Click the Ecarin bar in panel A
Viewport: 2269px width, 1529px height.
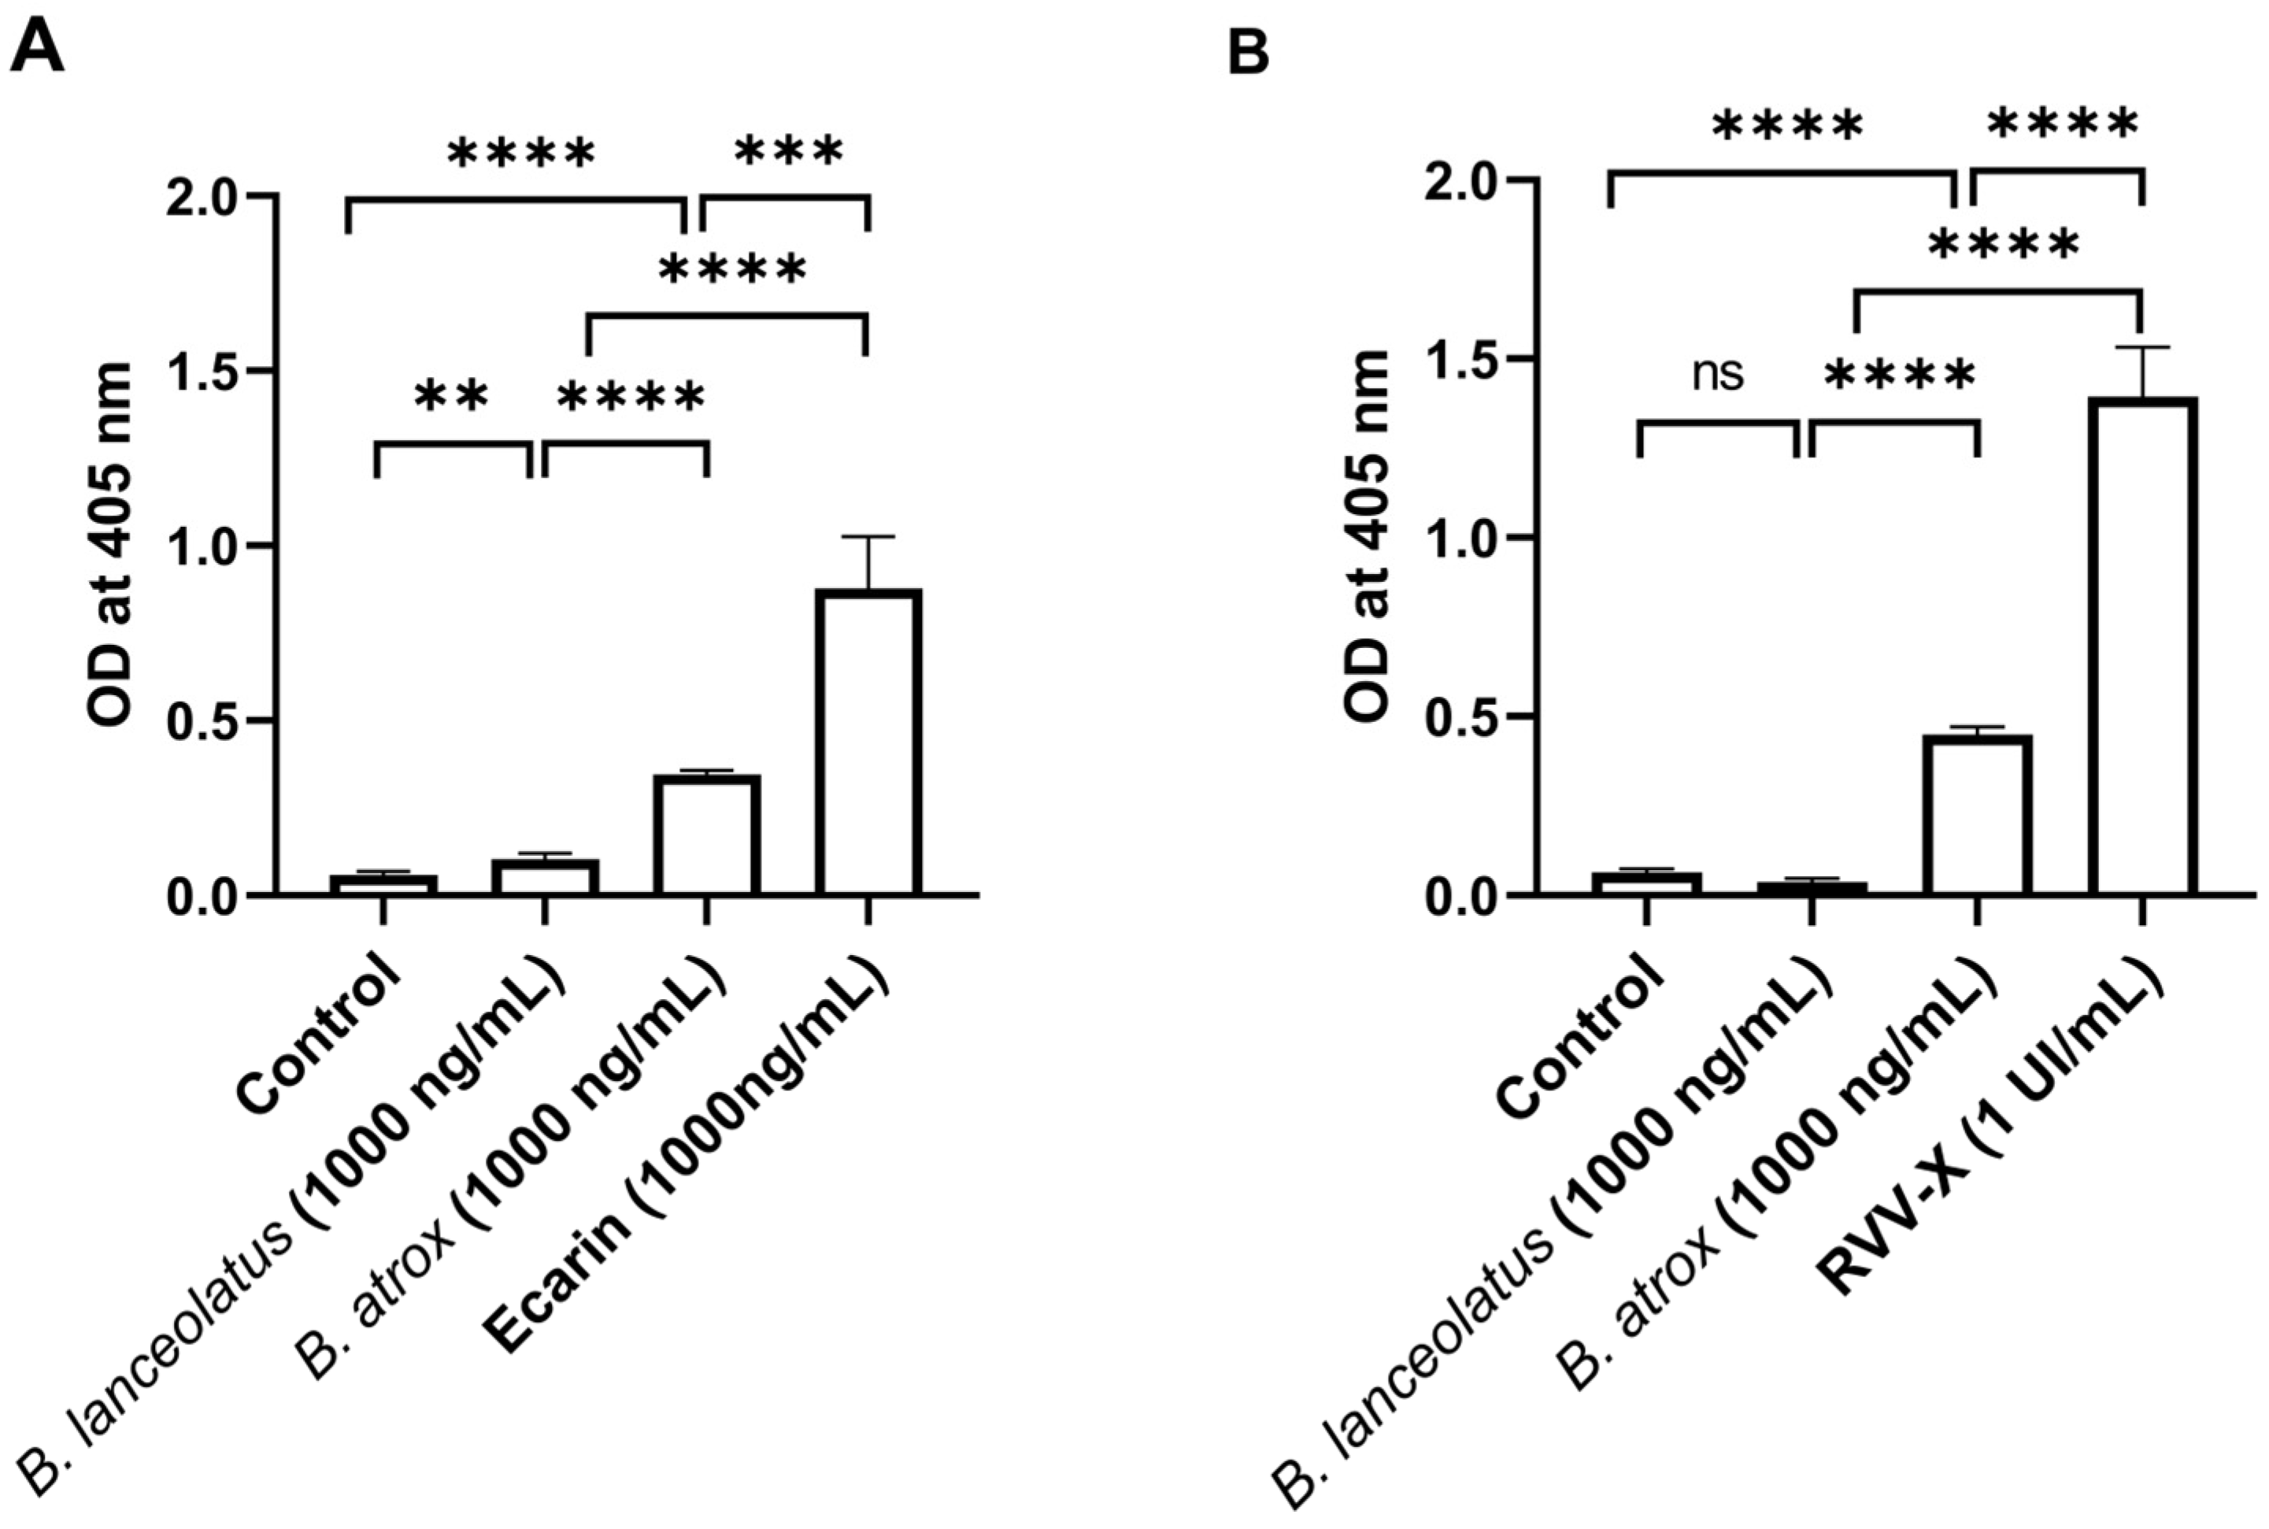click(868, 741)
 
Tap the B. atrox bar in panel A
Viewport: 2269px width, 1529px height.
click(707, 835)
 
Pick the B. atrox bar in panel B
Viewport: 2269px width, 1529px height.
click(1976, 815)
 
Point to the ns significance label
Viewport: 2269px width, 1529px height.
click(1717, 373)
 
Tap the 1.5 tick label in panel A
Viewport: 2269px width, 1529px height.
click(207, 372)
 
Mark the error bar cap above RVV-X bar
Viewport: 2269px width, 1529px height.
click(2141, 347)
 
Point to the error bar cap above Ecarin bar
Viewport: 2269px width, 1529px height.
click(868, 536)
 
